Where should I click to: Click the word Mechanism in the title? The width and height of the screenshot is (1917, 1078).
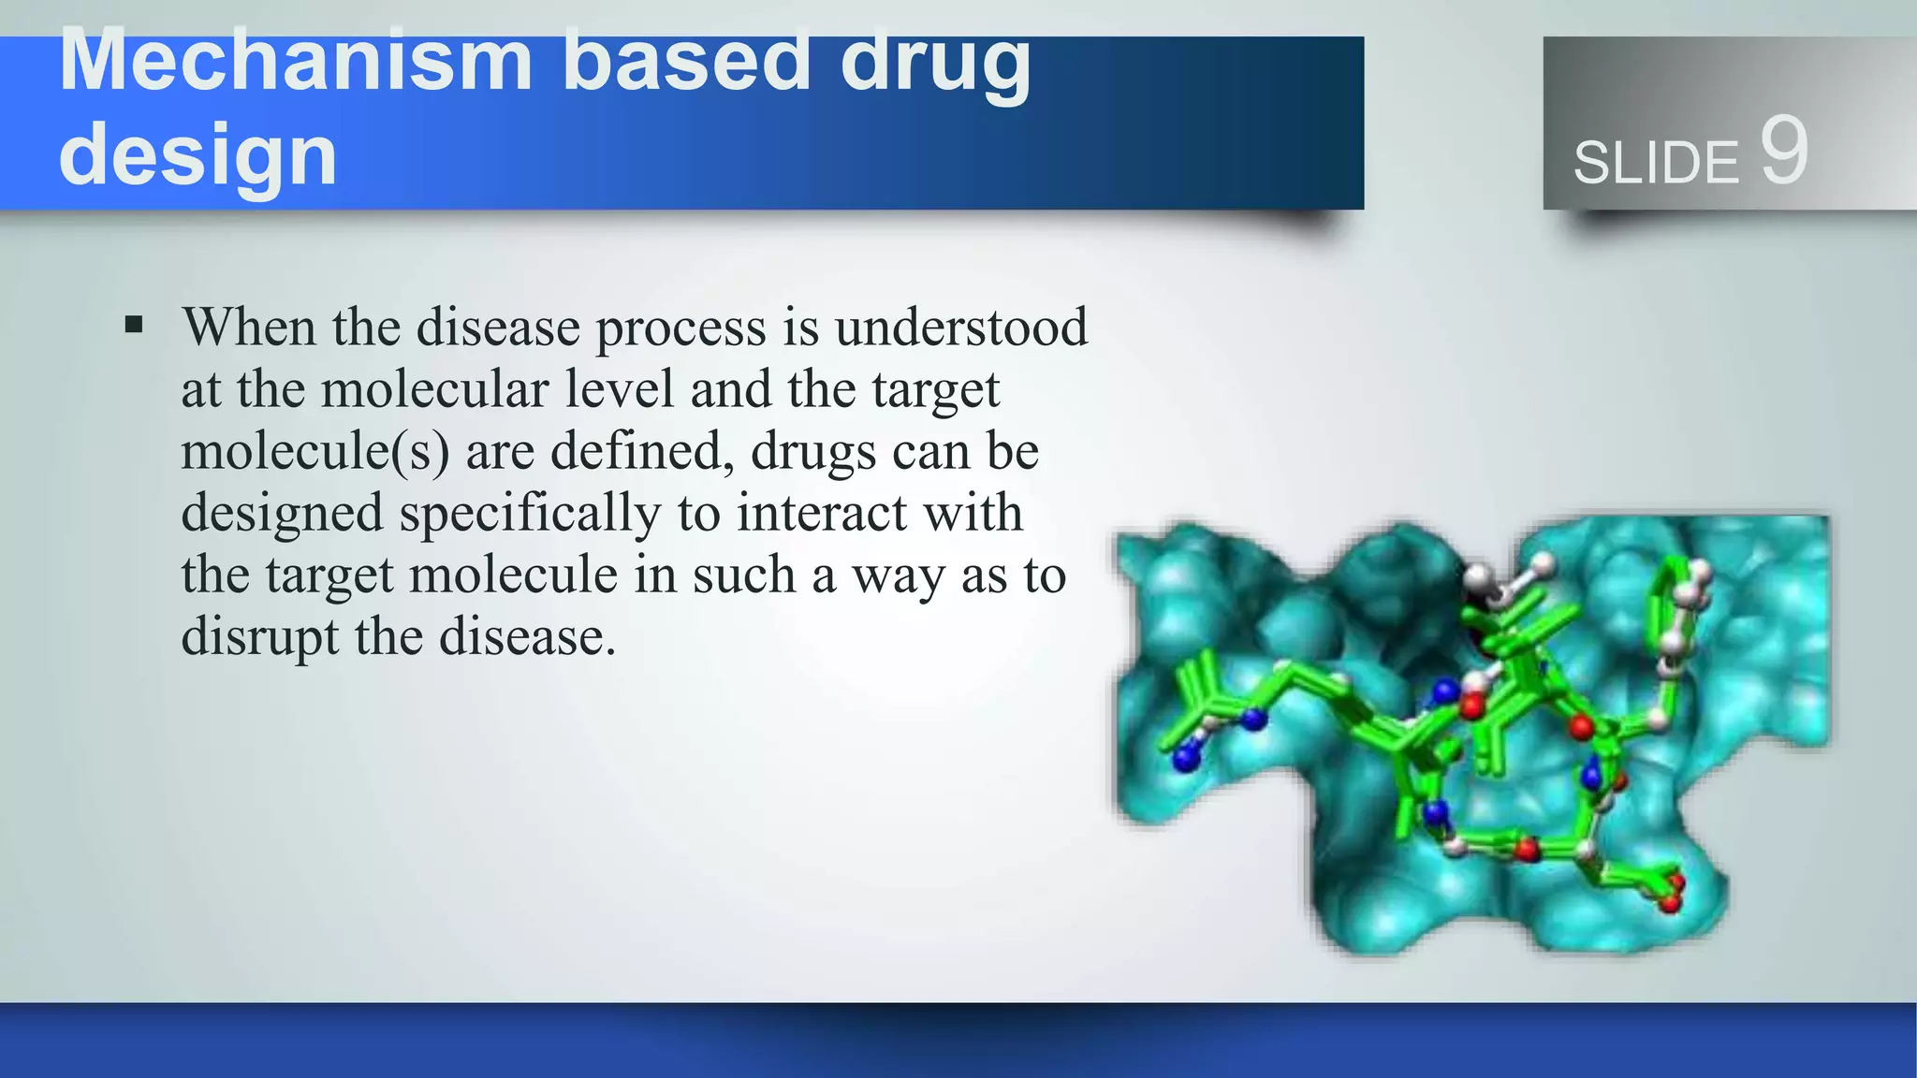click(x=296, y=62)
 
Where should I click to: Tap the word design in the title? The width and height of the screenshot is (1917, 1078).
click(x=198, y=155)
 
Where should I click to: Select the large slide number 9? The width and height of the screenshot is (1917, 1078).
click(x=1783, y=152)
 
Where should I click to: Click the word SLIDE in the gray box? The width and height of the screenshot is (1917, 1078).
click(x=1655, y=163)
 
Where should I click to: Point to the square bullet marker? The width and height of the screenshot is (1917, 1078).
click(x=134, y=326)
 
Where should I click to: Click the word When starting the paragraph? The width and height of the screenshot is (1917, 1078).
click(x=249, y=328)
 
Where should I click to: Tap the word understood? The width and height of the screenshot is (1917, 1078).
click(x=961, y=328)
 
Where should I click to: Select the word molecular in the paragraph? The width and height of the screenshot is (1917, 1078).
click(x=435, y=389)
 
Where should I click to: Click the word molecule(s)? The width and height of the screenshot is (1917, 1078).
click(x=315, y=451)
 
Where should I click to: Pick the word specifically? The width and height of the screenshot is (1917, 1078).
click(x=530, y=514)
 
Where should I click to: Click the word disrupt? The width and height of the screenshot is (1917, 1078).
click(x=259, y=637)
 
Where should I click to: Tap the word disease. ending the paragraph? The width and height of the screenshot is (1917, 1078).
click(x=527, y=637)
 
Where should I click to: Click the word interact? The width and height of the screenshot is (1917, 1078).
click(x=821, y=514)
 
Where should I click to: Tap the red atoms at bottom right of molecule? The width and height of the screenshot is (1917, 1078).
click(x=1671, y=894)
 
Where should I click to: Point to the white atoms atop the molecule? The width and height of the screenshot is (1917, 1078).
click(x=1507, y=576)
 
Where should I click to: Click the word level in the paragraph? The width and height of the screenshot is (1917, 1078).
click(x=620, y=389)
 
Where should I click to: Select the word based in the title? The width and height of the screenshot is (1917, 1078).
click(x=685, y=62)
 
